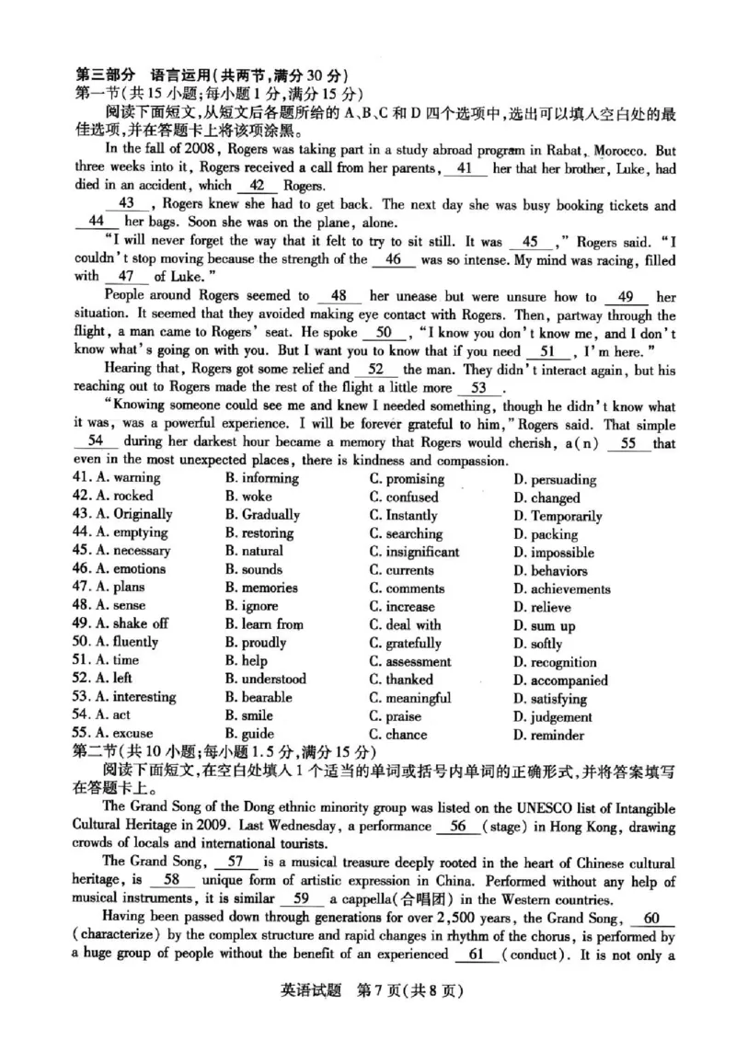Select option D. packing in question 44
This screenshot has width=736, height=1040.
point(546,534)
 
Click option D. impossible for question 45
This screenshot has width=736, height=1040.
point(554,553)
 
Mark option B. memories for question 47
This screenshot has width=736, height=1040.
point(261,588)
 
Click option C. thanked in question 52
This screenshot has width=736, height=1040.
point(401,680)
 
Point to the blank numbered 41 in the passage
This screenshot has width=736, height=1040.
point(470,169)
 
